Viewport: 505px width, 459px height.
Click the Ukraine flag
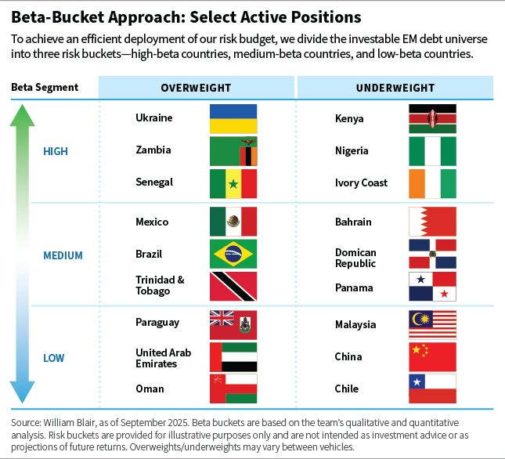point(233,118)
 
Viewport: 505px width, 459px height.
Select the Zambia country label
point(153,150)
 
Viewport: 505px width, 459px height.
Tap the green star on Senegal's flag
point(233,183)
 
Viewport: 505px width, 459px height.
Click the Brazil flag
point(233,255)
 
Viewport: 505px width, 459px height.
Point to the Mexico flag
point(233,222)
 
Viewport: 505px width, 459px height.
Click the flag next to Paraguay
point(233,324)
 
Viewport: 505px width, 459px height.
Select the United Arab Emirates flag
point(233,356)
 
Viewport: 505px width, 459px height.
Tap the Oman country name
point(150,389)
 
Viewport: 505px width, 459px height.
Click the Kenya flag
point(432,119)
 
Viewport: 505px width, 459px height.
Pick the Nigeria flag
point(432,151)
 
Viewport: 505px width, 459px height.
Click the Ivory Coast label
point(361,183)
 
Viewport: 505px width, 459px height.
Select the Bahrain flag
point(432,222)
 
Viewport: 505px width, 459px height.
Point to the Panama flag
point(432,287)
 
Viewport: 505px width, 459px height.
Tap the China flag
point(432,356)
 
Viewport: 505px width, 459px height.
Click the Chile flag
point(432,389)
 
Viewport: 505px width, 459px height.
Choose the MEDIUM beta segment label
point(63,255)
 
